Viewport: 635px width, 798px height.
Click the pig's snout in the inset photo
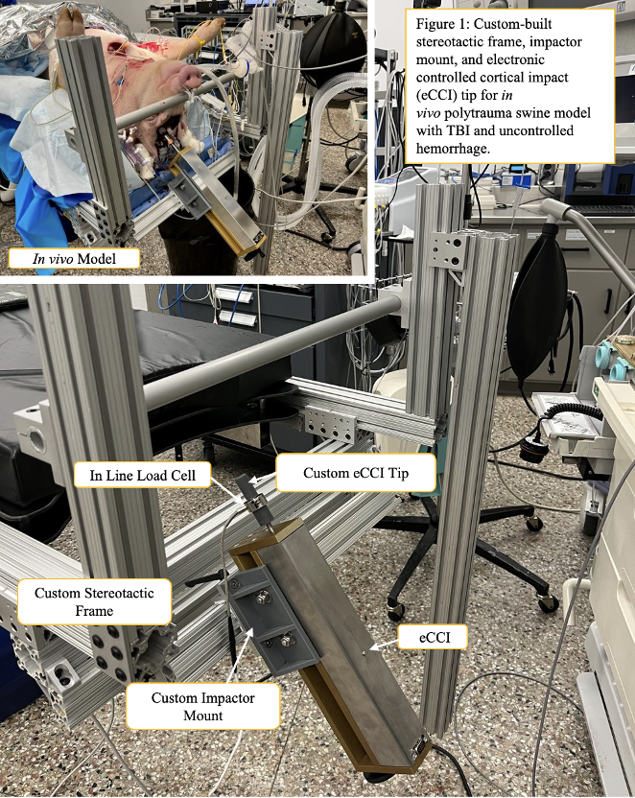(198, 72)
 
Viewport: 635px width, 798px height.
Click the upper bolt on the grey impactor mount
(262, 598)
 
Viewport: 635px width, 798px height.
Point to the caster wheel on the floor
(548, 603)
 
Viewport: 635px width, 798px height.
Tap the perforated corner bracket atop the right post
(442, 250)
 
